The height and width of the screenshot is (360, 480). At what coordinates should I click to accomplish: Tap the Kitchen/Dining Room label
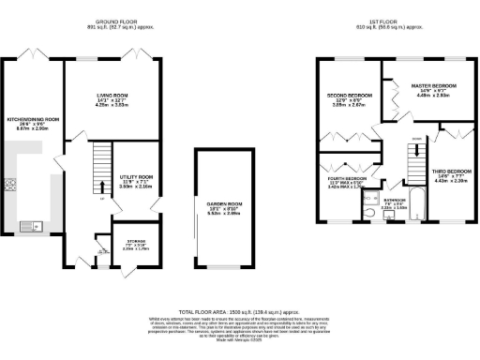point(34,120)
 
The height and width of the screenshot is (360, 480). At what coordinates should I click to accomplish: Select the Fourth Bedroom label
point(347,178)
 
